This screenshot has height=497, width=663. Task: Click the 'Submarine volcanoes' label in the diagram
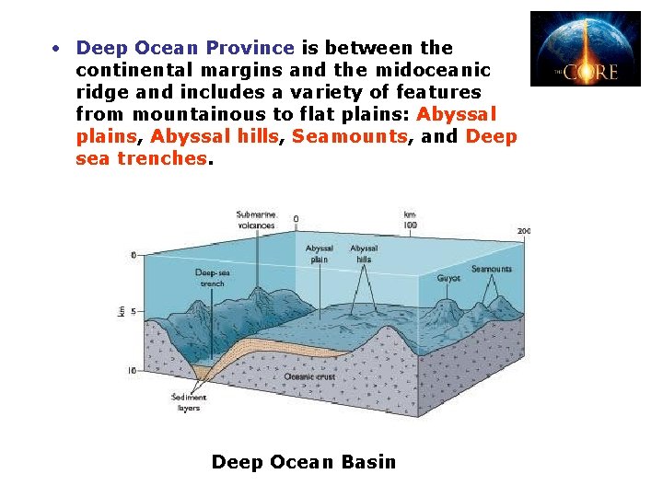255,219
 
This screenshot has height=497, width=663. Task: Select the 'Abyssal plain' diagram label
320,253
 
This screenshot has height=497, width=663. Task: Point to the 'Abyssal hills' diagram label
364,253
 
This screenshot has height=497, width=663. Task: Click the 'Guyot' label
449,276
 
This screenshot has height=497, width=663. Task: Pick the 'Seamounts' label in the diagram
491,269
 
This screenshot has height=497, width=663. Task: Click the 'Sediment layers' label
189,402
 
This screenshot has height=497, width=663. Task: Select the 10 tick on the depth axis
134,371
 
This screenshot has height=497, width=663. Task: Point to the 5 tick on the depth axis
133,312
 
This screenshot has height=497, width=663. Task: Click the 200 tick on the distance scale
523,230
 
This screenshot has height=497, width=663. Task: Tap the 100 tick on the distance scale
409,224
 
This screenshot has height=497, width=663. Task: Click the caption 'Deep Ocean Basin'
304,462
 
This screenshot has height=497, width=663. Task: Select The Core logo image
585,49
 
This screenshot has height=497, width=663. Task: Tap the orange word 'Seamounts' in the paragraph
350,136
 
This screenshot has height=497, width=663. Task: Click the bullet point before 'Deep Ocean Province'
57,47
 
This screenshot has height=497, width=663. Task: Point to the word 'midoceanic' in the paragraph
435,69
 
